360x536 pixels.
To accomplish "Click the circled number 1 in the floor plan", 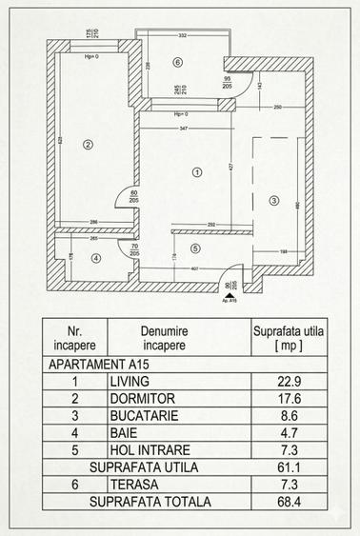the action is [196, 172].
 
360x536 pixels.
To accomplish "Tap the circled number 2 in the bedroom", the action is [87, 145].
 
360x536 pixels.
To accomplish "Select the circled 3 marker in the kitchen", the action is [273, 200].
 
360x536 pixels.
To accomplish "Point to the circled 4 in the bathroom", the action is [95, 257].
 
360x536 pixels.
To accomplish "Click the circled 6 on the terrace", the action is [177, 63].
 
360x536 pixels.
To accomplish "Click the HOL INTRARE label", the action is [150, 449].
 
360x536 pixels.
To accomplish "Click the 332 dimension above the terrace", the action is [182, 36].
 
